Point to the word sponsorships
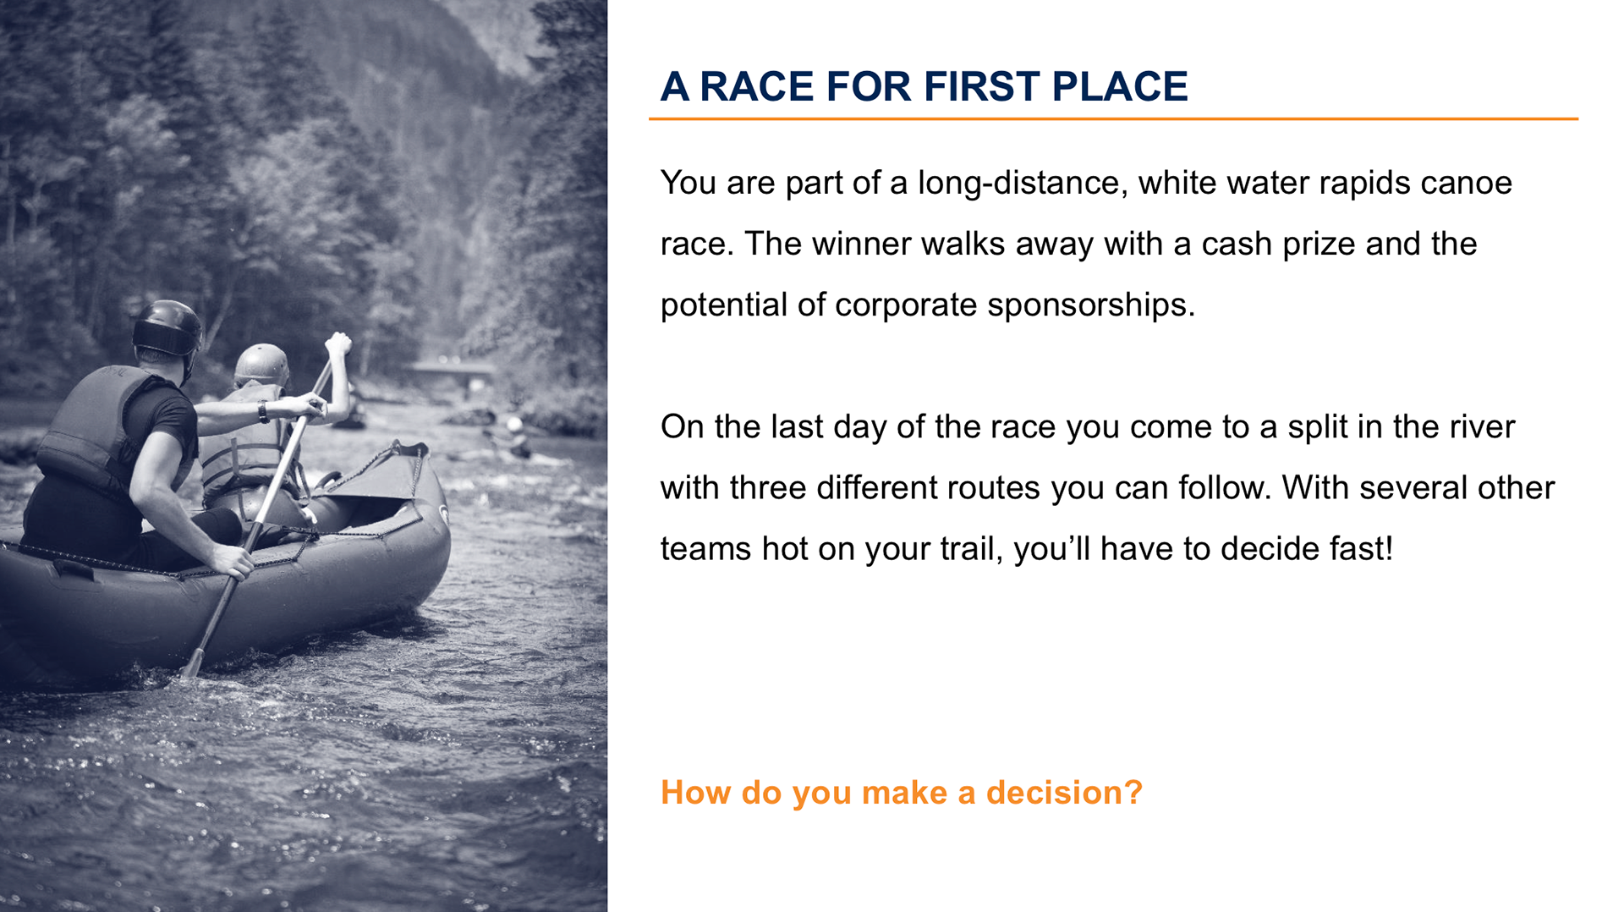pos(1091,305)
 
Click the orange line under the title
pos(1113,119)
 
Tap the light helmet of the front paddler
pos(261,364)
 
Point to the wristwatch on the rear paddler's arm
pos(263,412)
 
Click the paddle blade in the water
pos(193,663)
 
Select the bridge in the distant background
pos(450,371)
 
